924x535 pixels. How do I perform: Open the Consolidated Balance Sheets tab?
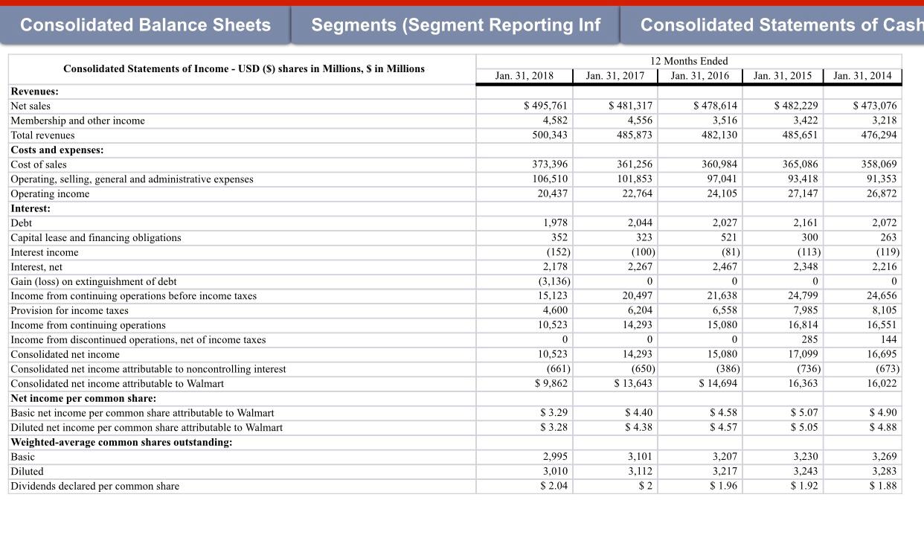(145, 25)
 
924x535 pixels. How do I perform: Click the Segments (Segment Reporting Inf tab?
(455, 25)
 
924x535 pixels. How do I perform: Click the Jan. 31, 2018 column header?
(524, 75)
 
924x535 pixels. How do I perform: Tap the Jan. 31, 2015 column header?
(782, 75)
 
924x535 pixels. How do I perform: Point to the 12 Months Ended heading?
(688, 61)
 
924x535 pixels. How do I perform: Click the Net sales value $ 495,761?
(546, 106)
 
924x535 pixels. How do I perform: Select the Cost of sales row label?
(39, 164)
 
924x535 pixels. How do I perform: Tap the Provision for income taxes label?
(69, 310)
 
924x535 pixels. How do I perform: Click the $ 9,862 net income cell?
(551, 383)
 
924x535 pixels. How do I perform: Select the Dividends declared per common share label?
(94, 486)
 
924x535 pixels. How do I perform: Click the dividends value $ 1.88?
(883, 486)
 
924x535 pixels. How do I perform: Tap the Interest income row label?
(45, 252)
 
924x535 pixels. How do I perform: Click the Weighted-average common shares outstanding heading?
(121, 442)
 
